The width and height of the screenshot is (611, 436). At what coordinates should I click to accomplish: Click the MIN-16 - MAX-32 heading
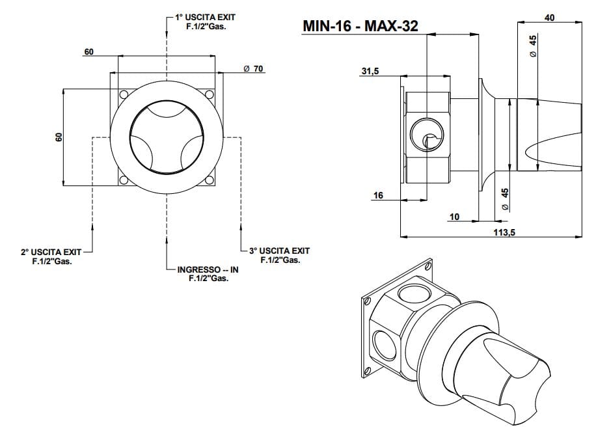[x=360, y=26]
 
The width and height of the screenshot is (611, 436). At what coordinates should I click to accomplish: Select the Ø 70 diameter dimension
[x=252, y=69]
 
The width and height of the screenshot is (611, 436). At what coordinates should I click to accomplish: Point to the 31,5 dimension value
[x=370, y=72]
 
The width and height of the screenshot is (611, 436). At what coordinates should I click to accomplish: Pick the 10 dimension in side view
[x=454, y=217]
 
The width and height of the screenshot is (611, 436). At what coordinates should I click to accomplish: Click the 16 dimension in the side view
[x=378, y=195]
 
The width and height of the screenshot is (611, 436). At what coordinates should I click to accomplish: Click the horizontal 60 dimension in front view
[x=89, y=51]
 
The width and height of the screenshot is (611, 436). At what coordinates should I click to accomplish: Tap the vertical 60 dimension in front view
[x=58, y=137]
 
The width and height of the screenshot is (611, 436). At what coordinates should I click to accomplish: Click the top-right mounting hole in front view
[x=209, y=95]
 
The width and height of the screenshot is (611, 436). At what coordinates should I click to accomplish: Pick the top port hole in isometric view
[x=411, y=291]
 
